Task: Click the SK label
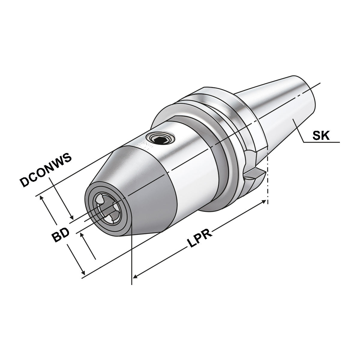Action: pyautogui.click(x=321, y=136)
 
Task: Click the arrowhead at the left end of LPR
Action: pyautogui.click(x=135, y=276)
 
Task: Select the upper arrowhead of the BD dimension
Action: pyautogui.click(x=42, y=198)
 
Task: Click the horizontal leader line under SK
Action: pyautogui.click(x=321, y=142)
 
